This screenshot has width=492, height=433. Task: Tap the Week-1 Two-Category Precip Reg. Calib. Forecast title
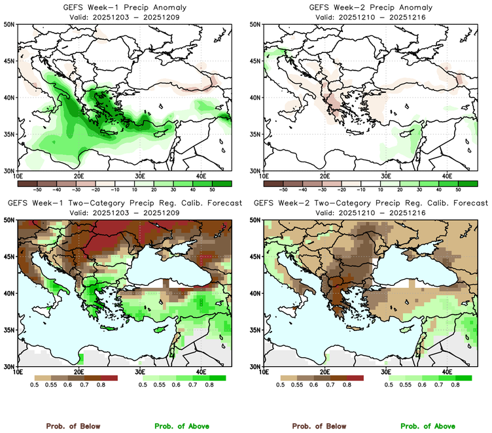123,203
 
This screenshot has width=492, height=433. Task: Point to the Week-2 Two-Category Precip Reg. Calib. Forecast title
370,203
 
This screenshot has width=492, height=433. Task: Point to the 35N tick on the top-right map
256,134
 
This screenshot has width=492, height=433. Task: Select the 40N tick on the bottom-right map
256,294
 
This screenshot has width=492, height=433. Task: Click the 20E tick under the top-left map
79,176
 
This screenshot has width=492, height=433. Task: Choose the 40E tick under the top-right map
448,176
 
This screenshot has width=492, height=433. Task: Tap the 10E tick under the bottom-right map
264,372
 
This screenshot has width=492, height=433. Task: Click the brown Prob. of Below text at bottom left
73,426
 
